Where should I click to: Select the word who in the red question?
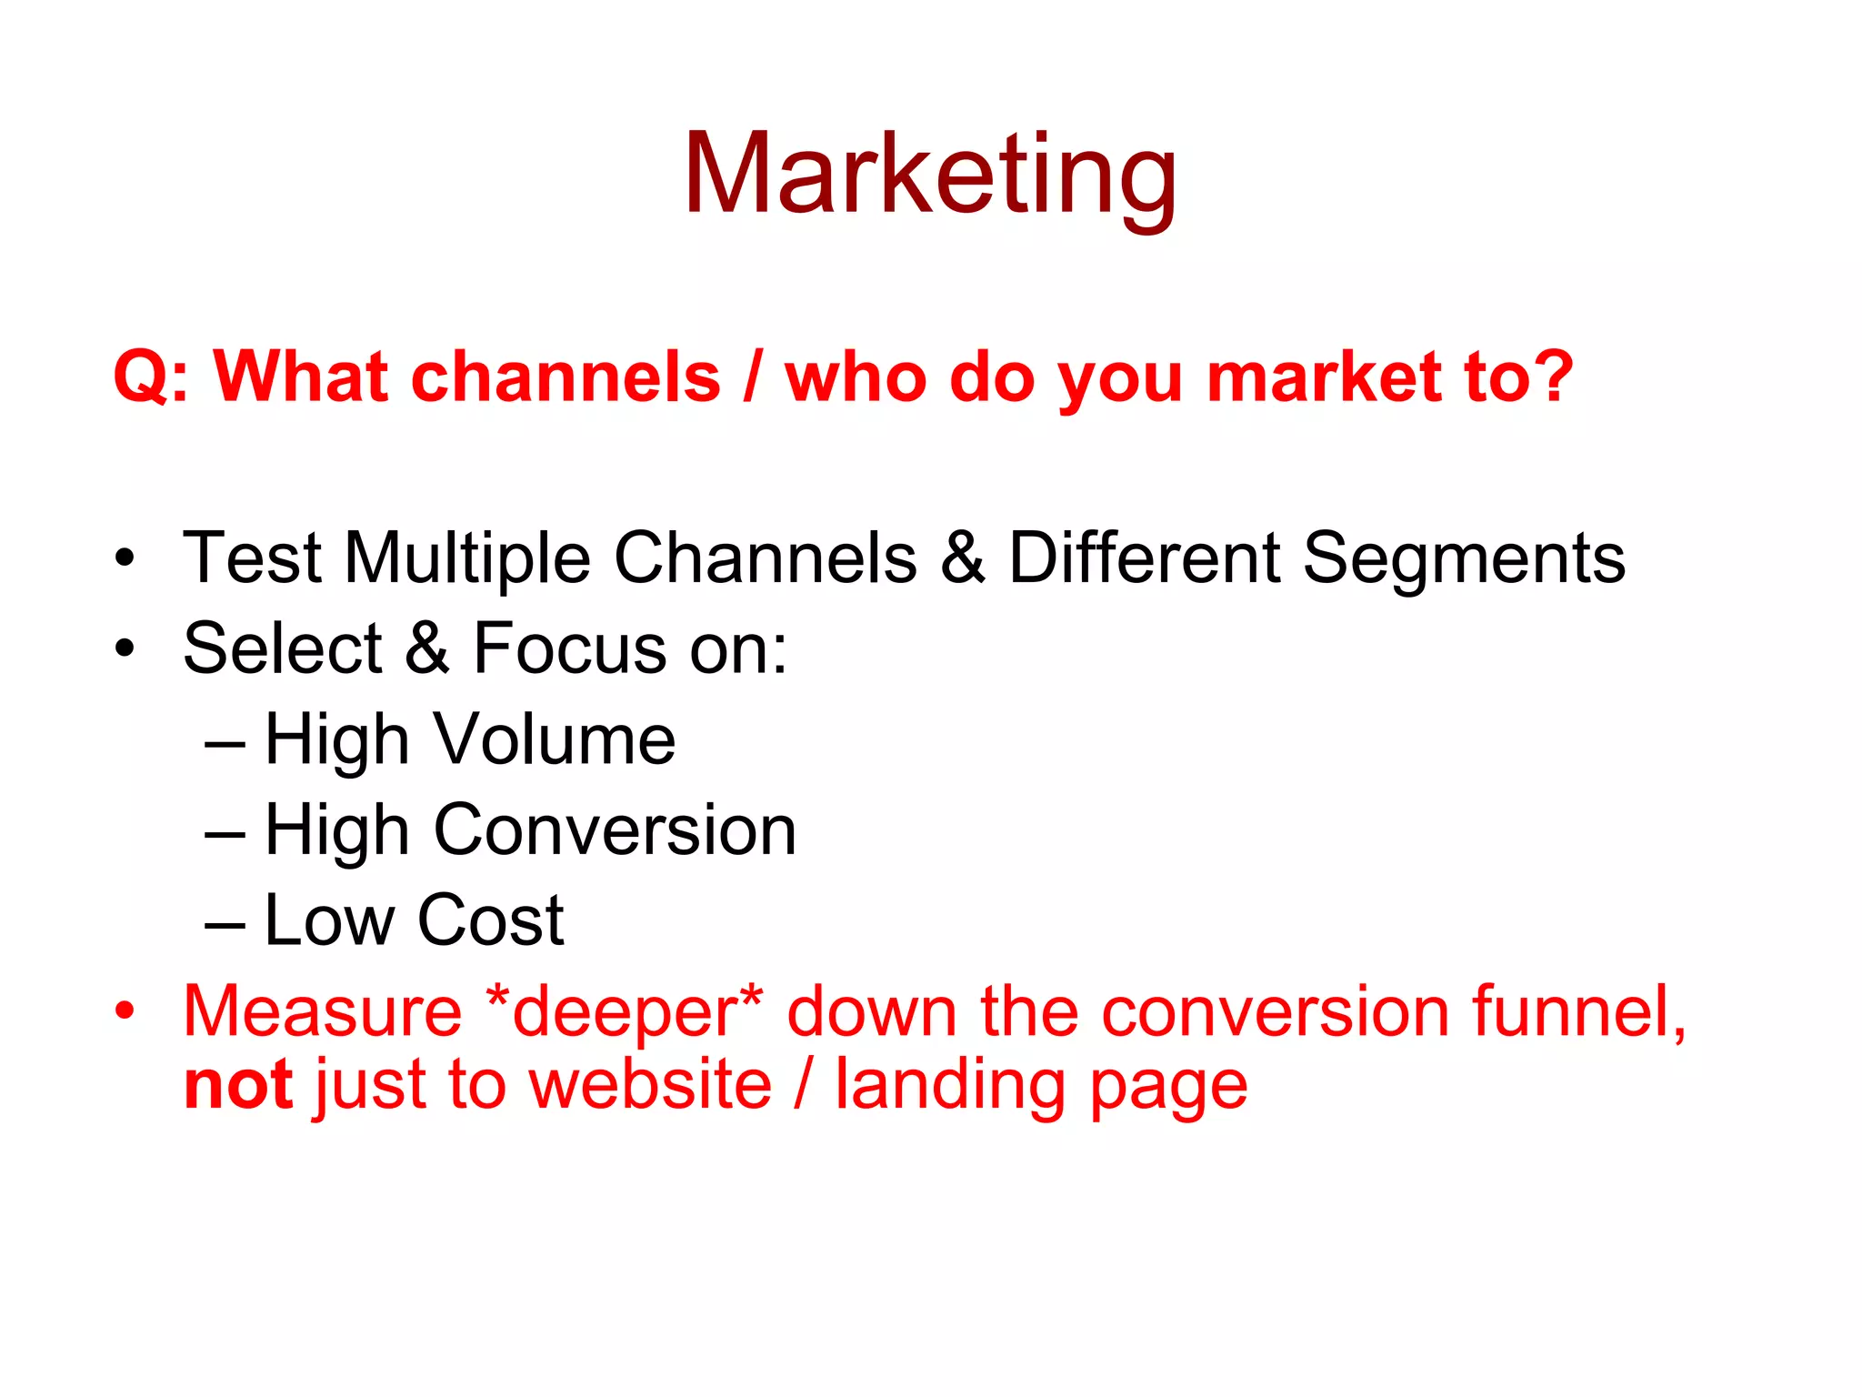coord(856,377)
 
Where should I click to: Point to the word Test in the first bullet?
coord(252,558)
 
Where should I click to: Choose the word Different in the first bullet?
coord(1145,558)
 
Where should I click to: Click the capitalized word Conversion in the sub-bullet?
coord(615,829)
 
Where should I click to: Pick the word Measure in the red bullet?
coord(323,1011)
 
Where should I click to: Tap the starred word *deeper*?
coord(625,1011)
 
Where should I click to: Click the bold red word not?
coord(238,1084)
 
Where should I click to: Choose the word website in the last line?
coord(650,1084)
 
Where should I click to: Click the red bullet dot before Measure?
coord(125,1010)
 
